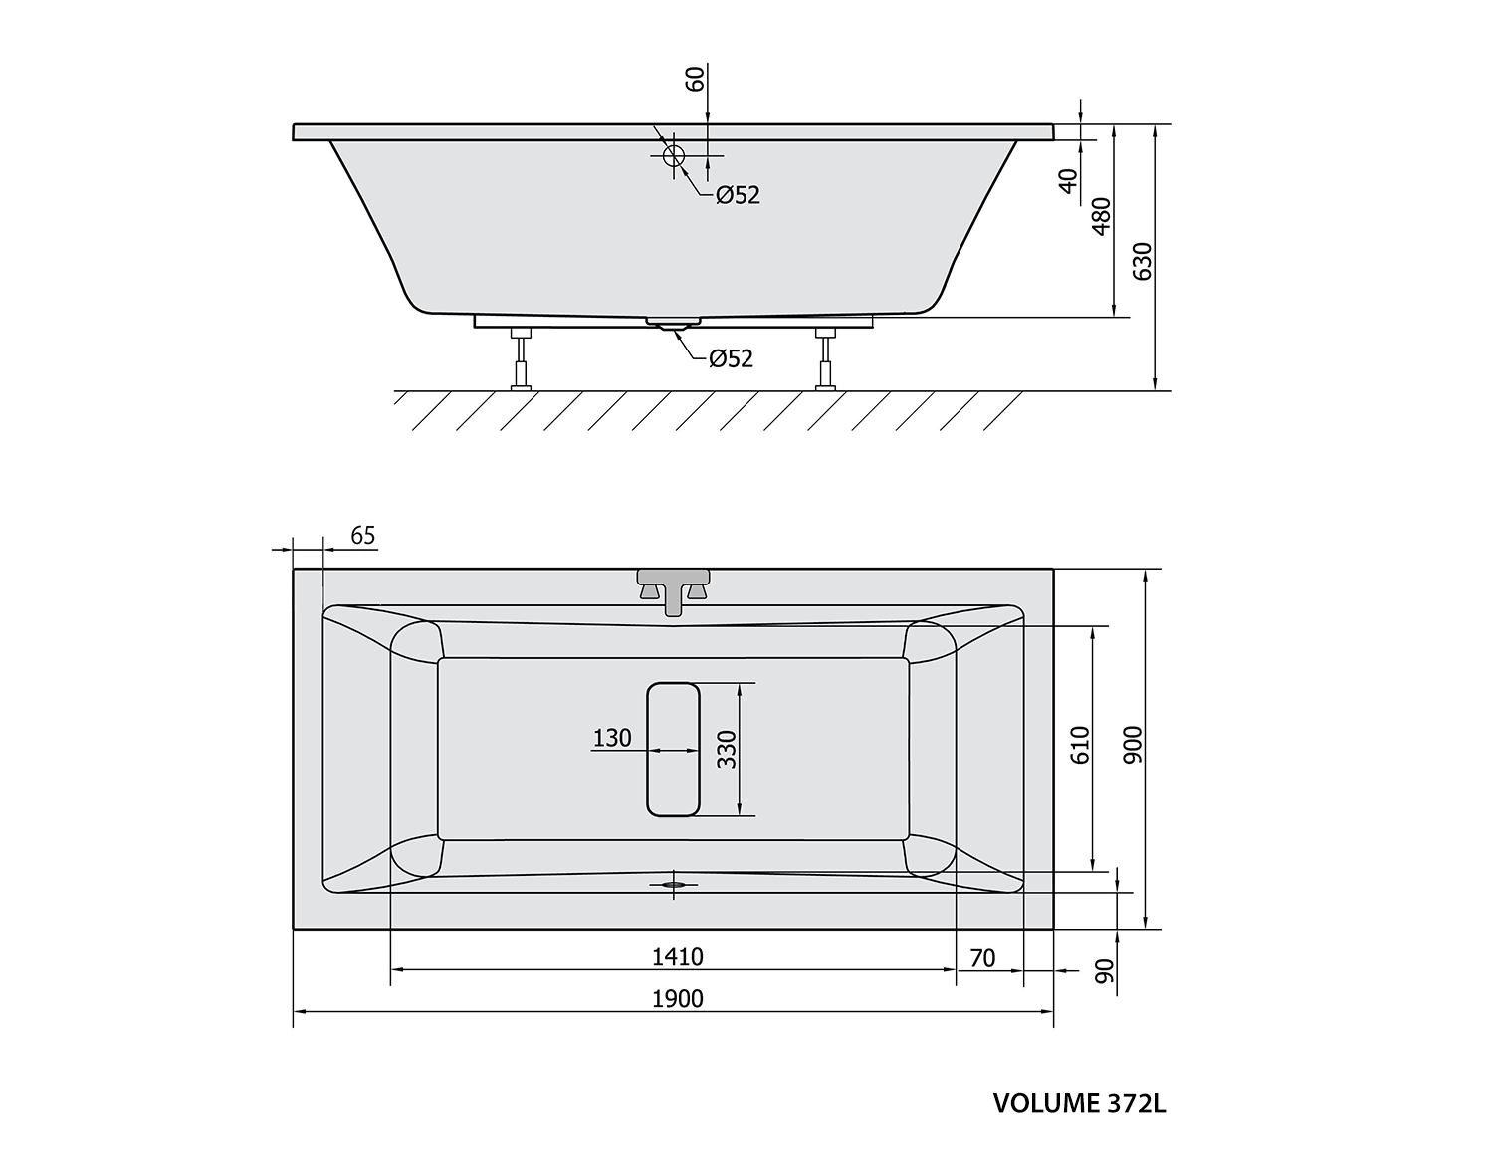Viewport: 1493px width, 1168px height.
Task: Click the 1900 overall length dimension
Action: (x=678, y=999)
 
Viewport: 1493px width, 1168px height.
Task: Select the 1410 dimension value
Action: (x=678, y=956)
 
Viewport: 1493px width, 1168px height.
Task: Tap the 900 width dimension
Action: (x=1132, y=745)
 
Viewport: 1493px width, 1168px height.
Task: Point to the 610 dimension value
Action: (x=1080, y=746)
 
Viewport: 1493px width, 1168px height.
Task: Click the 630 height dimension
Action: (x=1142, y=261)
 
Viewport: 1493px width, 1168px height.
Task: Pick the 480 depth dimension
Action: (x=1101, y=216)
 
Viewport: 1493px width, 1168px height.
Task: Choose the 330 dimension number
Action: (x=727, y=750)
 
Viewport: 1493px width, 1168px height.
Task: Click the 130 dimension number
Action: (x=611, y=738)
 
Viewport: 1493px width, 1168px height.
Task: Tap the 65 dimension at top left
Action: (x=362, y=536)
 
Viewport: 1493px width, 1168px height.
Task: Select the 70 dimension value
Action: (x=982, y=957)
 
